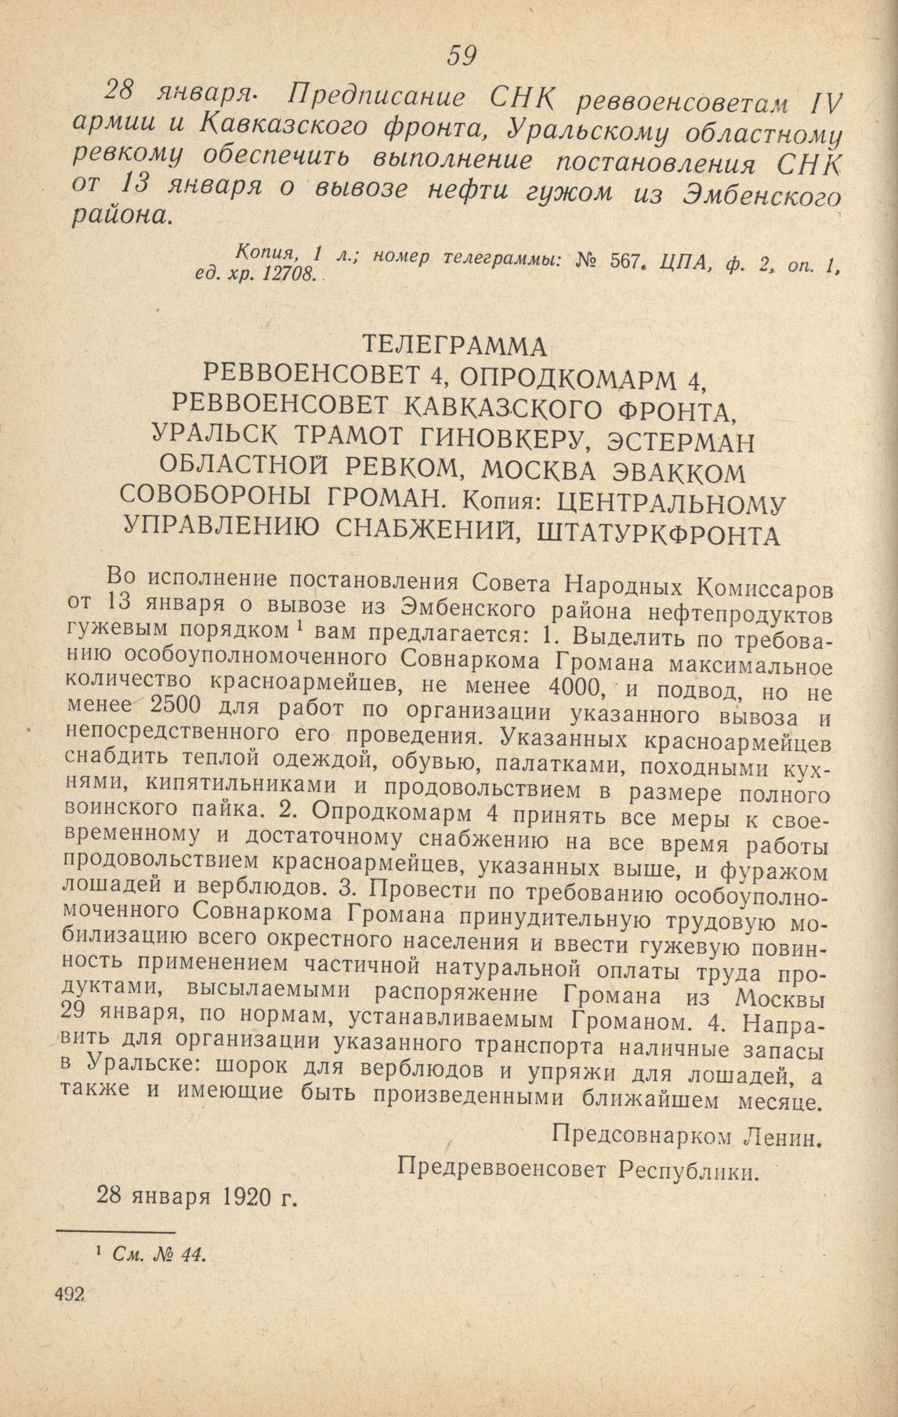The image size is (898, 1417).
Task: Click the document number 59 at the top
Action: [x=462, y=55]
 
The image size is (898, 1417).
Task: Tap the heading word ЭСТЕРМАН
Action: [x=684, y=440]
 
